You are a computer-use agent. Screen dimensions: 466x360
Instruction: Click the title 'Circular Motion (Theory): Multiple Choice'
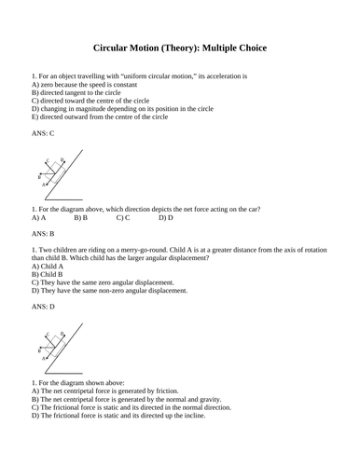(180, 45)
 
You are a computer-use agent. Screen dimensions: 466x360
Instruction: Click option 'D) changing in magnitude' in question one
(122, 108)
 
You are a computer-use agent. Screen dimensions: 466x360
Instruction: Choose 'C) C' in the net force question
(123, 218)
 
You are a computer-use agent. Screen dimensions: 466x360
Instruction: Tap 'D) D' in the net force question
(166, 218)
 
